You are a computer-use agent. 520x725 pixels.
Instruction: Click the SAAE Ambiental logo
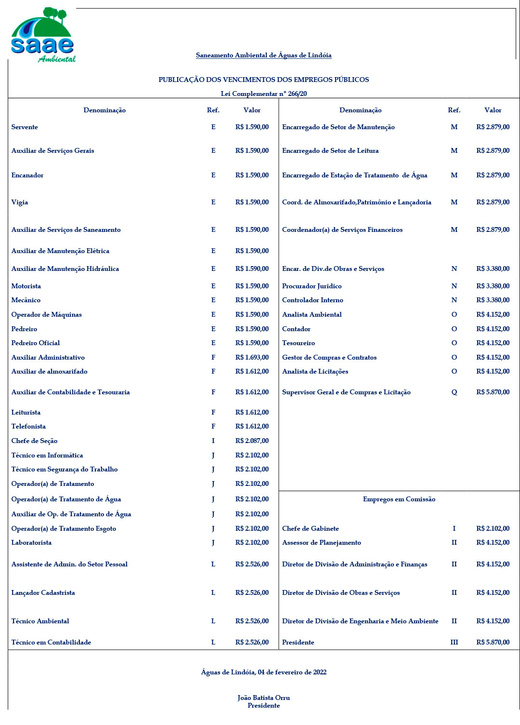[x=42, y=35]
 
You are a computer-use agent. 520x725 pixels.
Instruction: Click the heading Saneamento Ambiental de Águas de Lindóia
[x=263, y=55]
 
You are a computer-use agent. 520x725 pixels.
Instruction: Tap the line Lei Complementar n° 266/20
[x=263, y=94]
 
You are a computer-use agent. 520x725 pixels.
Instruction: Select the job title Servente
[x=25, y=127]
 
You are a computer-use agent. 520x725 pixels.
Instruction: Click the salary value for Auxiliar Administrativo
[x=252, y=357]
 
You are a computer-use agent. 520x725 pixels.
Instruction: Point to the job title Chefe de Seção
[x=34, y=441]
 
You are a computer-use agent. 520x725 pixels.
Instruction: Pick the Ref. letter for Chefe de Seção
[x=213, y=441]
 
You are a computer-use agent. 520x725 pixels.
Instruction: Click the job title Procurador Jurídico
[x=312, y=286]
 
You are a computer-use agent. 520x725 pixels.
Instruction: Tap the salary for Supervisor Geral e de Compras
[x=493, y=392]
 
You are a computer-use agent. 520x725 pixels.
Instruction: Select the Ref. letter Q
[x=454, y=392]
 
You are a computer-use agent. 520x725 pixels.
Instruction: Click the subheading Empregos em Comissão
[x=399, y=499]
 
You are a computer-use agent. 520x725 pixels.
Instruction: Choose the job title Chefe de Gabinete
[x=310, y=528]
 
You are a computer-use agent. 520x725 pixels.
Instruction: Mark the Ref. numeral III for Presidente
[x=454, y=642]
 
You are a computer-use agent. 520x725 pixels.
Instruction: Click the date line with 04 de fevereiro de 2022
[x=263, y=672]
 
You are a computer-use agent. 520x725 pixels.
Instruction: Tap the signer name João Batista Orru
[x=263, y=698]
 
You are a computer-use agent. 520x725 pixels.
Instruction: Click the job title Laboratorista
[x=31, y=542]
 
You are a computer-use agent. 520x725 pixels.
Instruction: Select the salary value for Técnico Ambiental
[x=252, y=621]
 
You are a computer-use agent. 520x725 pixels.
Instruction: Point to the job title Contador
[x=296, y=329]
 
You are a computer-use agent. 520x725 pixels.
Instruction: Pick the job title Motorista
[x=26, y=286]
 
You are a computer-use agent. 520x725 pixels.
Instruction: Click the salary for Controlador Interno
[x=493, y=300]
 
